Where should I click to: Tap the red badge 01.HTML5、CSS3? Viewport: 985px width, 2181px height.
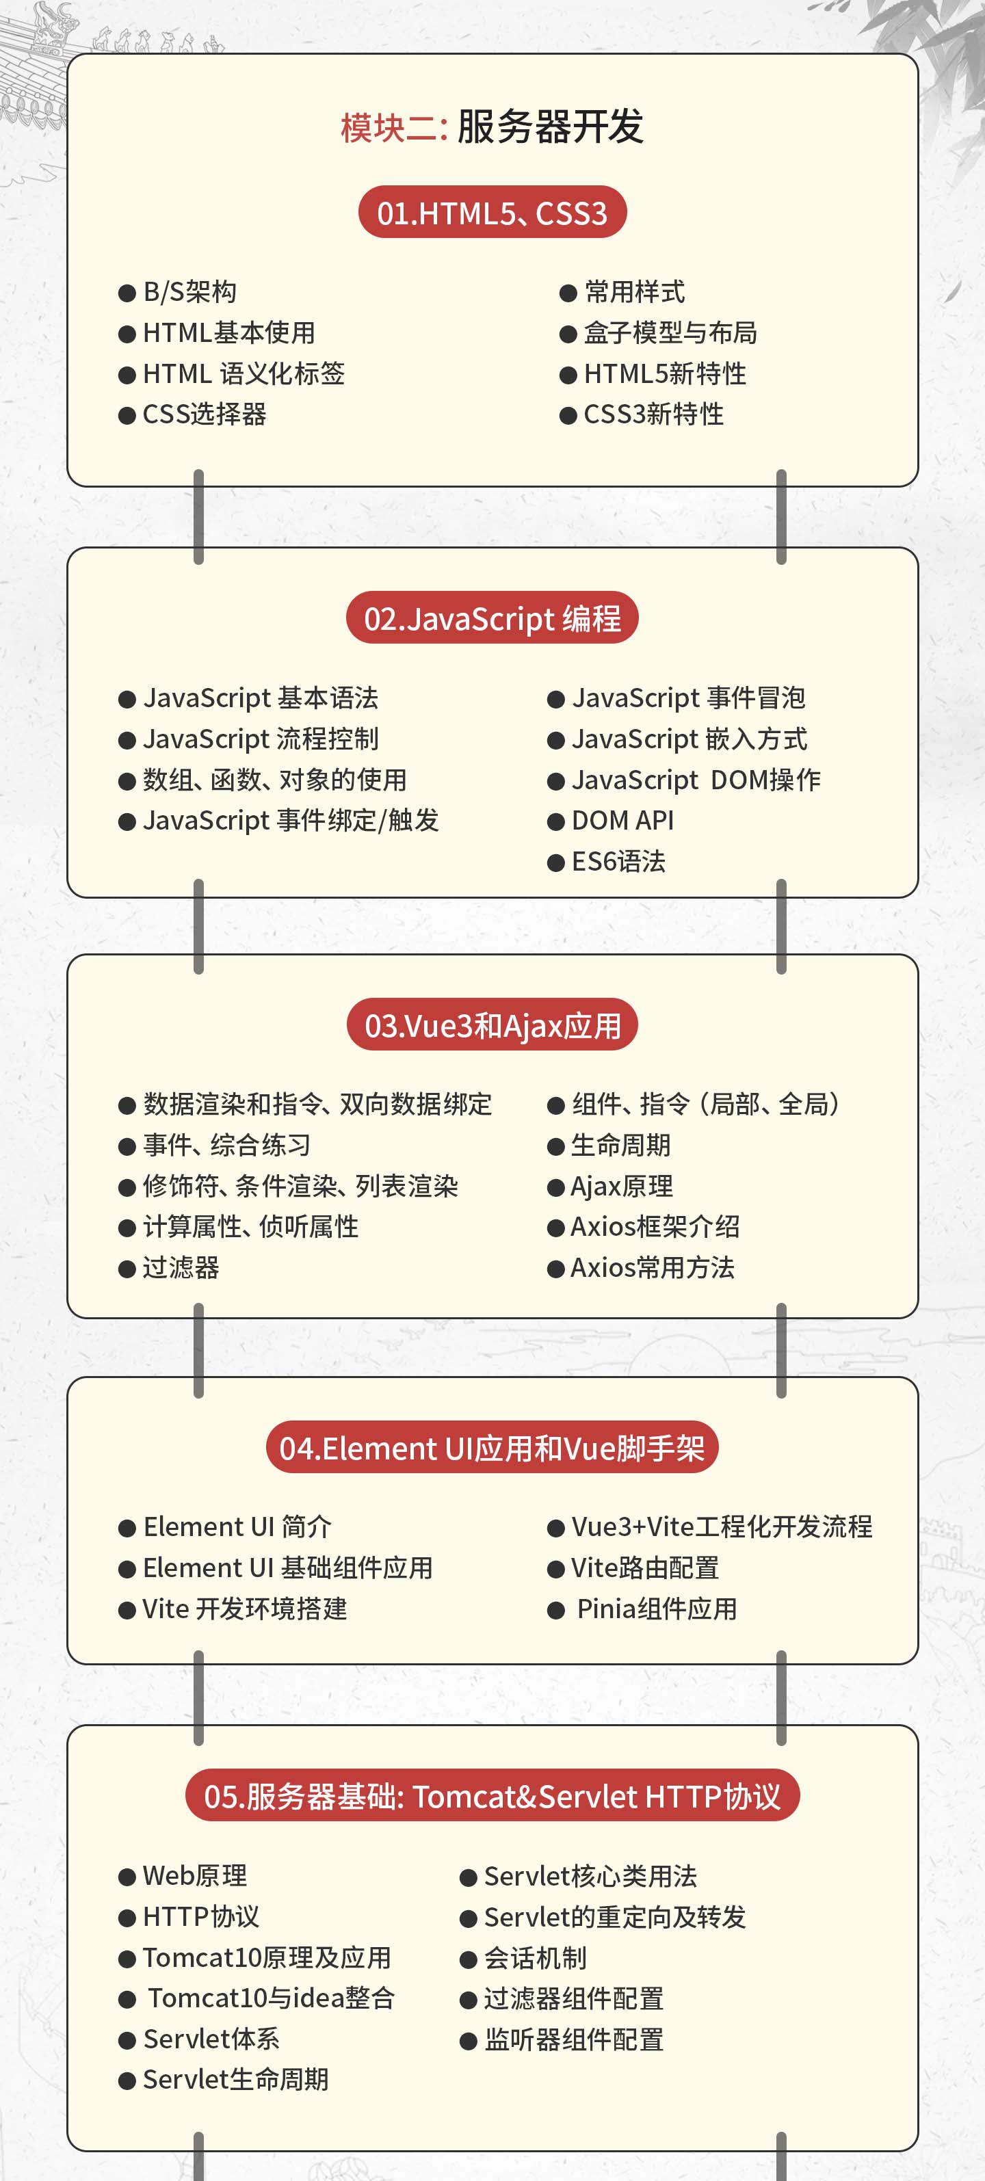[492, 213]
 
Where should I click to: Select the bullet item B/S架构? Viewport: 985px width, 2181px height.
[189, 292]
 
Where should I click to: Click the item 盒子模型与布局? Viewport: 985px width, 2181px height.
[670, 333]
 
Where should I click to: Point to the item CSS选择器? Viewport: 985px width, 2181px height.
[204, 414]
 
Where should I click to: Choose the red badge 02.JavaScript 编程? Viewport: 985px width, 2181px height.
[492, 618]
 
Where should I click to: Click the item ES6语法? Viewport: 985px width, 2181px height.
[618, 861]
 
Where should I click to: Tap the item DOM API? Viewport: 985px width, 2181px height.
[622, 821]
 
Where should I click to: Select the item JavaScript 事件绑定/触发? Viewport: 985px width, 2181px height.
[291, 821]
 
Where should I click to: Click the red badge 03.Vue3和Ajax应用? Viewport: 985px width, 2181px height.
[492, 1025]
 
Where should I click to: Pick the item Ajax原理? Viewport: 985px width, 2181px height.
[622, 1186]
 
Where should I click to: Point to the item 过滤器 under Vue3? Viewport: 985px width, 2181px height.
[181, 1267]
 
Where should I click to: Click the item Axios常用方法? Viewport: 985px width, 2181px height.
[652, 1267]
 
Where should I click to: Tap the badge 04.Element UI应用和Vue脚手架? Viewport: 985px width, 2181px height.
[492, 1448]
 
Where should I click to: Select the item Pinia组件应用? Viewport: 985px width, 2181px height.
[657, 1609]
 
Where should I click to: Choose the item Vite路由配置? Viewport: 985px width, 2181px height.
[644, 1568]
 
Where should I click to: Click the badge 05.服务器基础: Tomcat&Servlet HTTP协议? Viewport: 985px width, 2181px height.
[492, 1796]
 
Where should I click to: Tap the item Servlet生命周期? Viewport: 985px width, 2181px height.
[235, 2079]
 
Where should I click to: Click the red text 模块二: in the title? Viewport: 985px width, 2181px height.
[394, 128]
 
